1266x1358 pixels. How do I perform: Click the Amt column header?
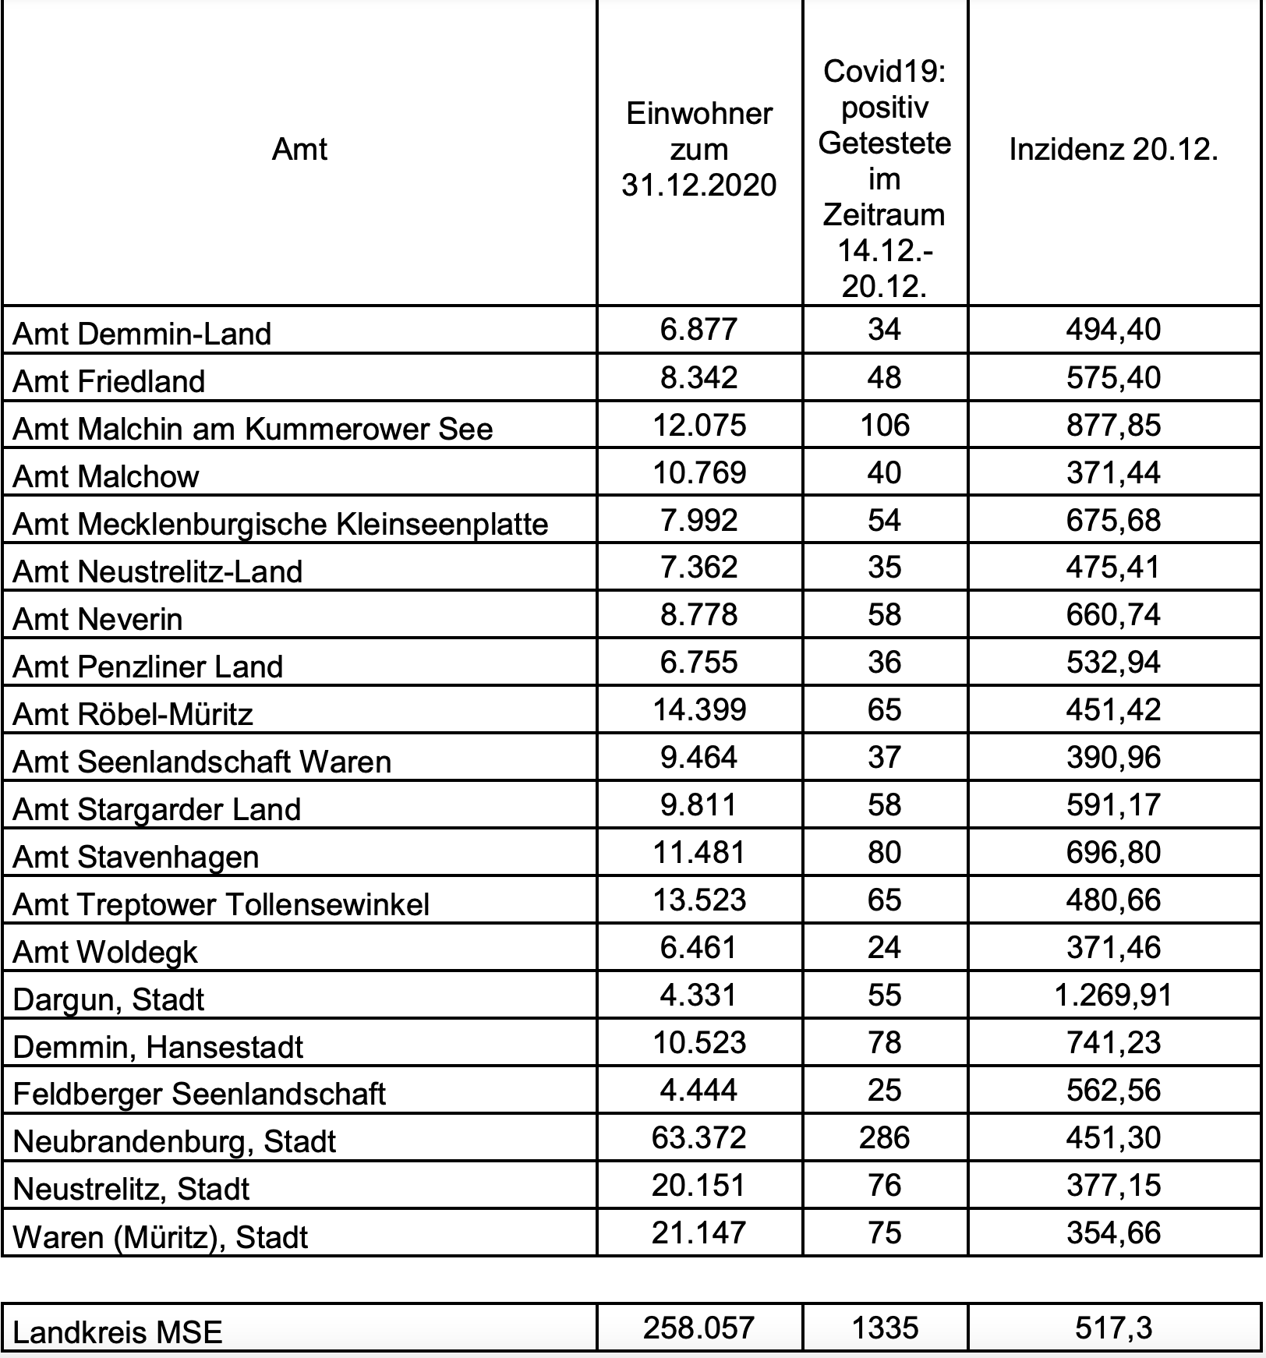pyautogui.click(x=299, y=149)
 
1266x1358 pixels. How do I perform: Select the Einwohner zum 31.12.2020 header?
pyautogui.click(x=698, y=149)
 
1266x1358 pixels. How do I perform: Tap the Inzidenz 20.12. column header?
pyautogui.click(x=1113, y=149)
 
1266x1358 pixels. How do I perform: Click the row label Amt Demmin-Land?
pyautogui.click(x=143, y=334)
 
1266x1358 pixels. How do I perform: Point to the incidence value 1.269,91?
pyautogui.click(x=1113, y=996)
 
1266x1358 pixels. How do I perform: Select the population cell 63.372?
pyautogui.click(x=698, y=1138)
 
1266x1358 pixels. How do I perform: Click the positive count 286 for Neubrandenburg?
pyautogui.click(x=884, y=1138)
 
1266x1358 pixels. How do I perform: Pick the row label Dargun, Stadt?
pyautogui.click(x=109, y=999)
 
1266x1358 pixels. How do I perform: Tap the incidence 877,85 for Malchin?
pyautogui.click(x=1113, y=425)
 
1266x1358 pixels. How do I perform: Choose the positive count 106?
pyautogui.click(x=884, y=425)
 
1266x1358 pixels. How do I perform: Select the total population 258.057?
pyautogui.click(x=698, y=1328)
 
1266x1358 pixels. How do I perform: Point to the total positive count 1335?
pyautogui.click(x=884, y=1328)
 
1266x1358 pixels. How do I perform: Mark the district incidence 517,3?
pyautogui.click(x=1113, y=1328)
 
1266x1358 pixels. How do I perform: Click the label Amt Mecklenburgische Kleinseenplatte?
pyautogui.click(x=281, y=524)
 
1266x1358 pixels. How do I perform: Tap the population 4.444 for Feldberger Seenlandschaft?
pyautogui.click(x=698, y=1091)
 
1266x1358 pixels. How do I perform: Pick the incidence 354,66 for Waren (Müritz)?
pyautogui.click(x=1113, y=1233)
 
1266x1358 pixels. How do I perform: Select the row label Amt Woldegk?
pyautogui.click(x=106, y=952)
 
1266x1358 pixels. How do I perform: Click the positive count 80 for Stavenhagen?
pyautogui.click(x=884, y=853)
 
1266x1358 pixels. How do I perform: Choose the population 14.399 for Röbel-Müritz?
pyautogui.click(x=698, y=710)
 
